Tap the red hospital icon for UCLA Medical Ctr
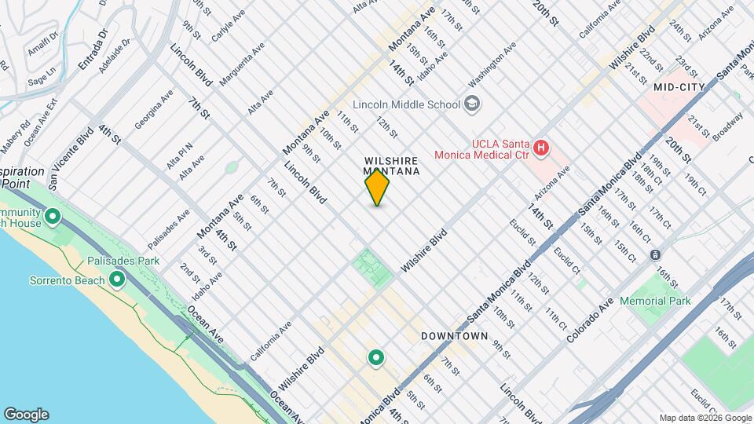click(540, 148)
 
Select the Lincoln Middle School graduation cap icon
click(471, 104)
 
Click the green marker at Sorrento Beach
click(117, 280)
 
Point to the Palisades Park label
click(123, 261)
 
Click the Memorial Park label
click(654, 301)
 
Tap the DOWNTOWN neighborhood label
click(455, 336)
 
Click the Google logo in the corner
click(26, 414)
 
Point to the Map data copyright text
click(704, 418)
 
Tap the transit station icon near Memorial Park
click(654, 254)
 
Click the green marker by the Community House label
click(53, 216)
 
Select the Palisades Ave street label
click(169, 228)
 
